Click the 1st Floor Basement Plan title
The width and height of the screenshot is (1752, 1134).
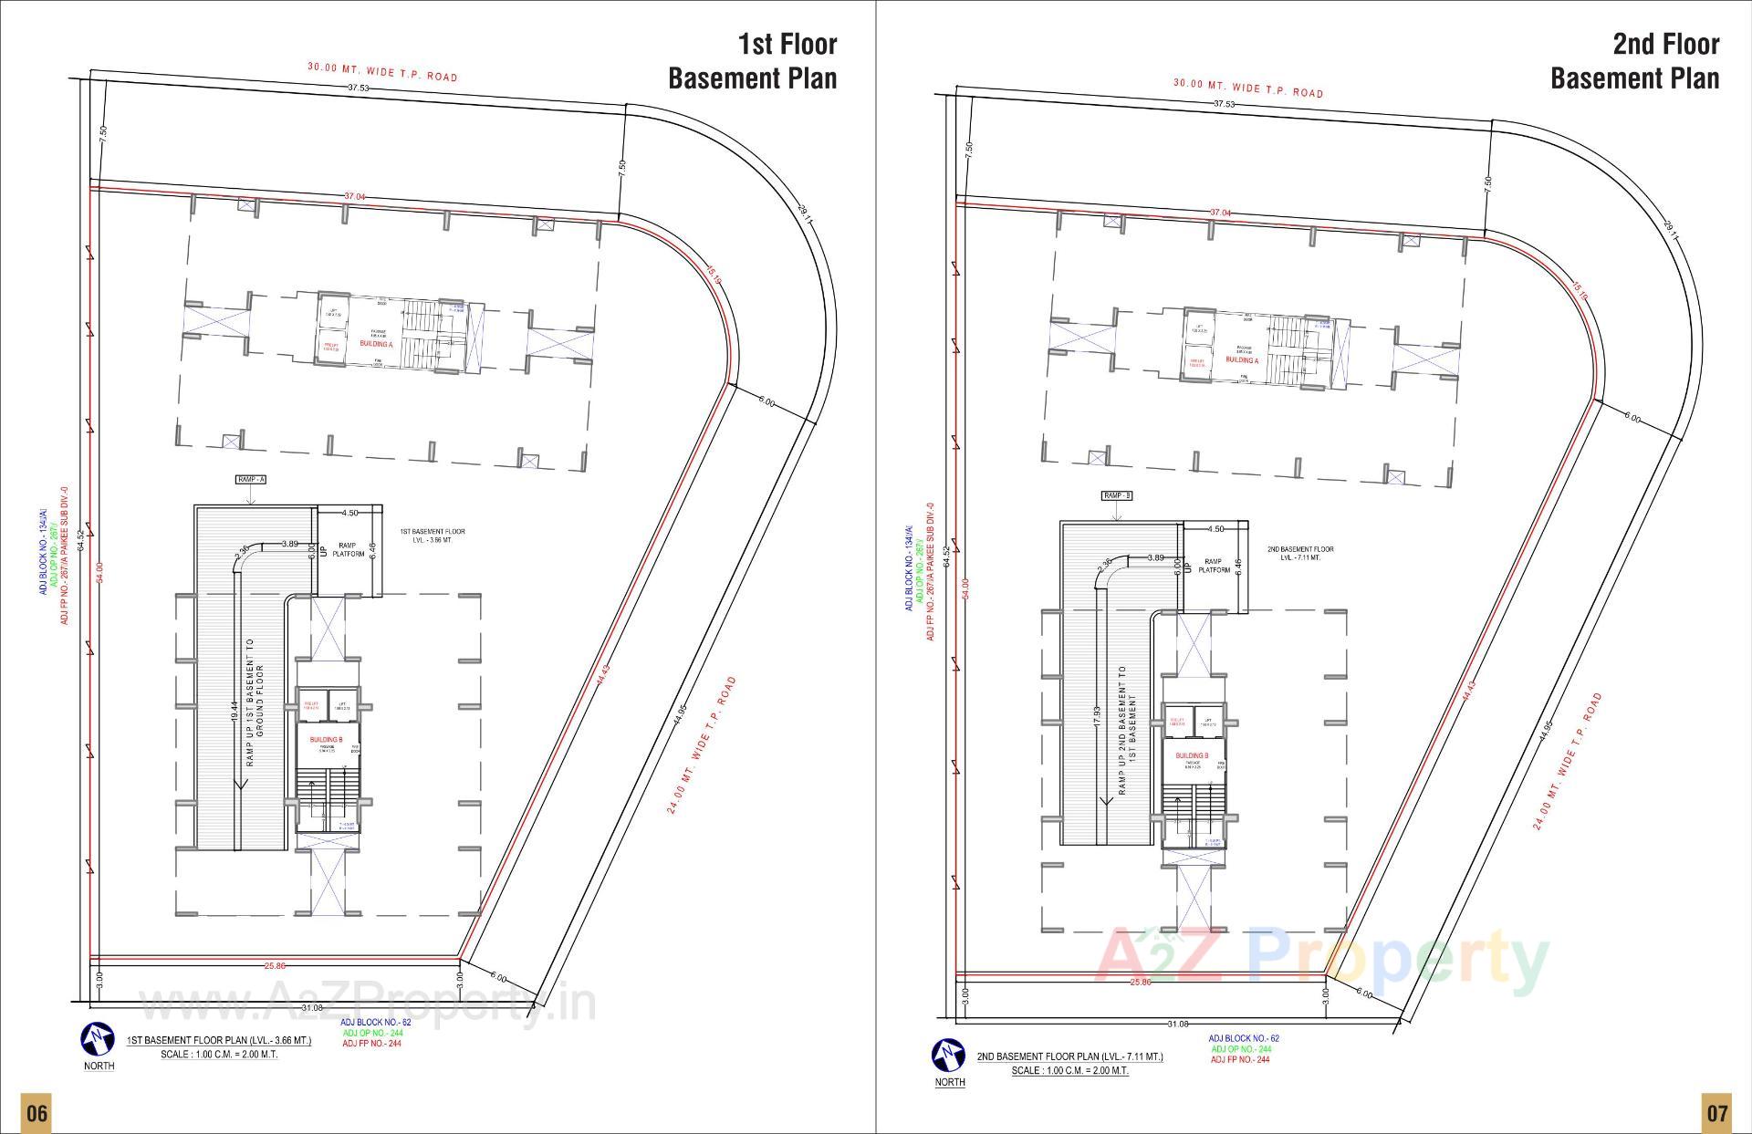point(752,61)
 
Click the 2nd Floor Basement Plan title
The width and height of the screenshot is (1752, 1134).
point(1634,61)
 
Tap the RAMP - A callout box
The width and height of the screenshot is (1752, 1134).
point(250,479)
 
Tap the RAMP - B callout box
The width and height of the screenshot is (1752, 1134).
point(1116,495)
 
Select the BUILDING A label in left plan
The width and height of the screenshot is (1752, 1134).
point(376,344)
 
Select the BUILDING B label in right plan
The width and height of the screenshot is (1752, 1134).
point(1192,755)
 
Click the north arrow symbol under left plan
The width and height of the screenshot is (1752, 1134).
point(98,1038)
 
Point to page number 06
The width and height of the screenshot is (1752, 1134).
point(36,1112)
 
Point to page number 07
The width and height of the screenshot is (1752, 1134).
point(1716,1112)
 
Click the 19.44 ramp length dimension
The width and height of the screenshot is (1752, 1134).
point(235,712)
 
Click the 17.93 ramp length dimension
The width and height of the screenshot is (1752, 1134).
point(1097,716)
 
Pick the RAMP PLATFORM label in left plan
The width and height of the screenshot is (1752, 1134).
point(348,549)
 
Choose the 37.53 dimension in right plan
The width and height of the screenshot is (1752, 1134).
point(1224,104)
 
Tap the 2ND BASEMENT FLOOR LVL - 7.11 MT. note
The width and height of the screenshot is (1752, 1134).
point(1299,553)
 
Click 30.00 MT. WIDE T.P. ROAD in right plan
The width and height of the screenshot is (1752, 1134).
point(1247,88)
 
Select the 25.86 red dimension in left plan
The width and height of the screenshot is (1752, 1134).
point(275,965)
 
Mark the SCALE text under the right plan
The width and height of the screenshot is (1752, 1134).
point(1069,1070)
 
